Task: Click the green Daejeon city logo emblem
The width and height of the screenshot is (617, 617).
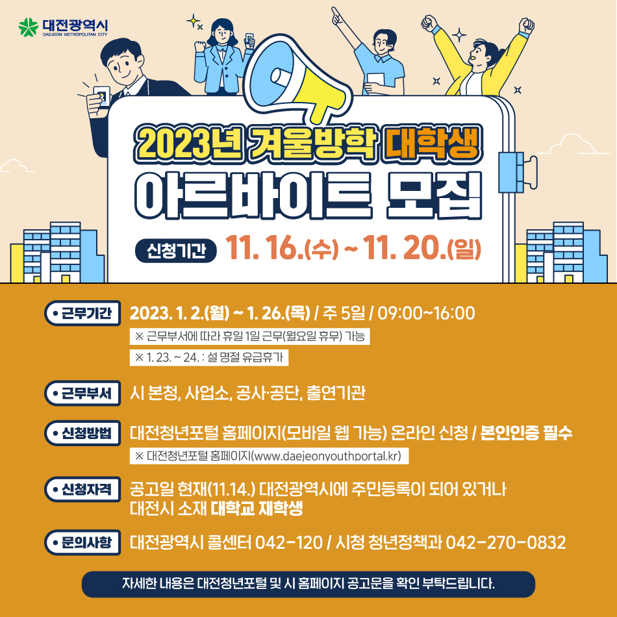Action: (x=29, y=27)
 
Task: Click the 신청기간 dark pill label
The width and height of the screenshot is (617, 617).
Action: (x=176, y=251)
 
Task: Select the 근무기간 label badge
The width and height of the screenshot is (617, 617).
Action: (x=82, y=313)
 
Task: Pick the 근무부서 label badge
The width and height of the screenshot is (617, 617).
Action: (x=82, y=393)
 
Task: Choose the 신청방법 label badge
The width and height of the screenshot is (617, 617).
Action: (x=82, y=433)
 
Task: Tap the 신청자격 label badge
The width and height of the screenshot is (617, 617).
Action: (x=82, y=490)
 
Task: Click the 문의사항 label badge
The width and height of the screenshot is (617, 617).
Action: (x=82, y=542)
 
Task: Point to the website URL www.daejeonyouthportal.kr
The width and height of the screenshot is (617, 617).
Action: (x=326, y=456)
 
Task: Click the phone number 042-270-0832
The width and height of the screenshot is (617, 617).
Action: (x=506, y=542)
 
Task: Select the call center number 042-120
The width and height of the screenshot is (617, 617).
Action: (x=289, y=542)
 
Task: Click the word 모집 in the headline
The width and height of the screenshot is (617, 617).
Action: (x=434, y=195)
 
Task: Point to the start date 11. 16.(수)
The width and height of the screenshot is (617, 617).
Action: (x=282, y=248)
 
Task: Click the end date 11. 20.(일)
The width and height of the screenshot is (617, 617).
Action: (x=422, y=248)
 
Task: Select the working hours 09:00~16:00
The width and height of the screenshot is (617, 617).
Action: (x=426, y=313)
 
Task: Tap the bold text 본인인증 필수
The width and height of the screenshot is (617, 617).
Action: (x=527, y=433)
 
